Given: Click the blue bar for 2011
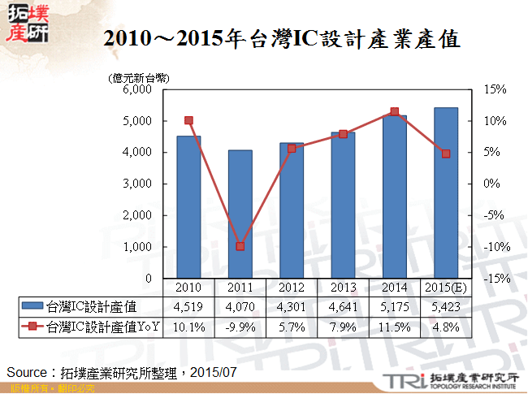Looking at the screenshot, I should click(x=240, y=214).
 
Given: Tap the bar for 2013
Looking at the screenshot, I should click(x=343, y=206).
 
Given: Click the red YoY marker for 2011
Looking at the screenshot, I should click(x=240, y=246).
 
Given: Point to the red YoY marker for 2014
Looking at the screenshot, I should click(x=394, y=112).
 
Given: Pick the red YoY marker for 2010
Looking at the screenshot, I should click(x=188, y=120).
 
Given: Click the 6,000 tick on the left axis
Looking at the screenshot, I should click(x=136, y=89).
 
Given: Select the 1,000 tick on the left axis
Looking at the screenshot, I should click(x=136, y=247).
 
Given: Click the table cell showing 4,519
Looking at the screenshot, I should click(x=188, y=306).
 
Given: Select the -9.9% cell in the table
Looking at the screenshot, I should click(x=240, y=327).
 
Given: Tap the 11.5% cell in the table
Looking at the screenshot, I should click(x=394, y=327).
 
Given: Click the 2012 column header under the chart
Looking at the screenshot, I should click(x=292, y=287).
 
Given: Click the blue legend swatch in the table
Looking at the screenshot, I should click(x=32, y=306).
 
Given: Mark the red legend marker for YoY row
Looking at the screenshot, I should click(x=32, y=327).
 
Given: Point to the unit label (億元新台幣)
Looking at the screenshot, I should click(x=137, y=78).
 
